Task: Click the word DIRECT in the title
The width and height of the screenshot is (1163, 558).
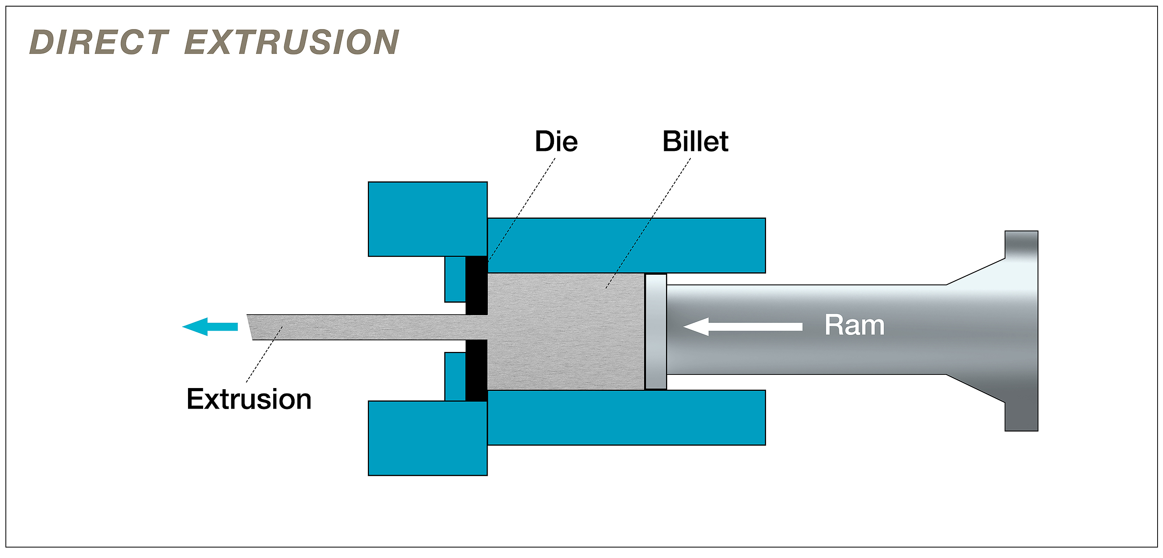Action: coord(99,42)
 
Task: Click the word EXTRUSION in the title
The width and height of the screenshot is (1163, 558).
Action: coord(292,42)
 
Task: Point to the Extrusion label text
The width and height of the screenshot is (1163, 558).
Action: coord(249,399)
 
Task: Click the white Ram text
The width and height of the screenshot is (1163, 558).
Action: coord(854,325)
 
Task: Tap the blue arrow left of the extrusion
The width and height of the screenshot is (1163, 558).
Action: coord(210,326)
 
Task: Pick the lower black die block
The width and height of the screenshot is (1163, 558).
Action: coord(476,371)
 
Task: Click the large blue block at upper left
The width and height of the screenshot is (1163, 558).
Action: coord(427,219)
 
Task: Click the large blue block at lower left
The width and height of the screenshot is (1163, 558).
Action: coord(427,438)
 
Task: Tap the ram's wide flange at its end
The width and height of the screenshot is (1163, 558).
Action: coord(1021,331)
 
